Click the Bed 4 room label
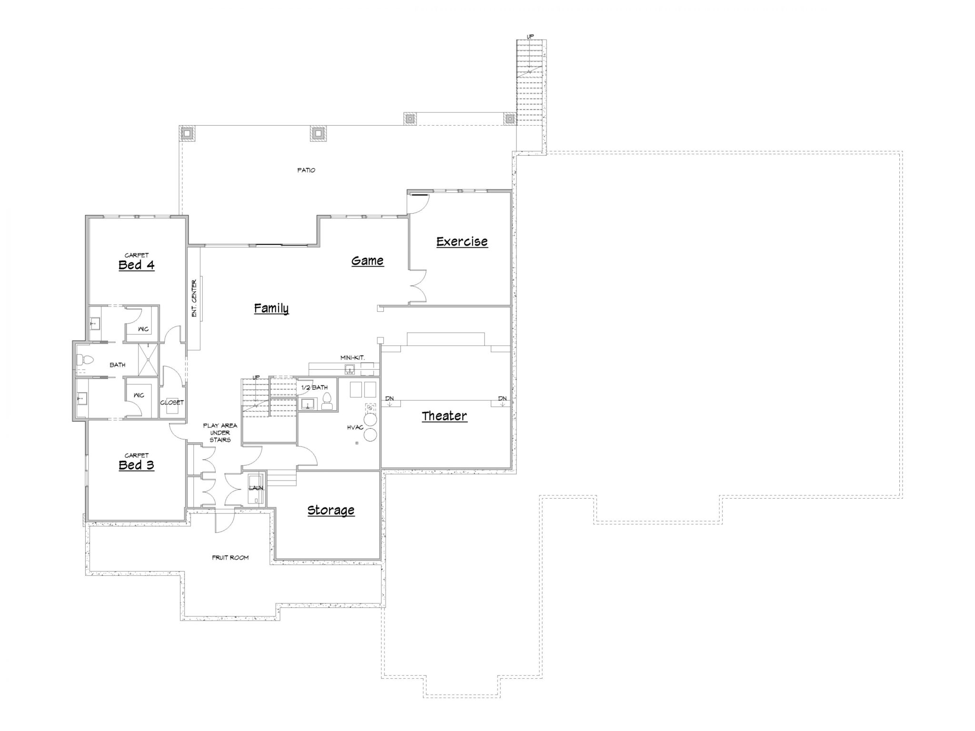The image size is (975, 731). pos(136,265)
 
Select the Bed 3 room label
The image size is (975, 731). pos(136,465)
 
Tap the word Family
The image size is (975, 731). pos(271,308)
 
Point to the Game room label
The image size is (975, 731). pos(368,261)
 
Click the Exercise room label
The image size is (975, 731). pos(462,241)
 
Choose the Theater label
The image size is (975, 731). pos(444,416)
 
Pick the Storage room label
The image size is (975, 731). pos(331,510)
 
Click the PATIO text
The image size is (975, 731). pos(306,170)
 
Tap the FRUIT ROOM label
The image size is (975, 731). pos(230,557)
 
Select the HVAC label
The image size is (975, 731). pos(355,427)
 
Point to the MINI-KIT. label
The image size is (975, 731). pos(353,357)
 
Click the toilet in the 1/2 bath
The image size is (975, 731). pos(327,401)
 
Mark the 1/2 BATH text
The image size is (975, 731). pos(314,387)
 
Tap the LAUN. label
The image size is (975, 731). pos(256,488)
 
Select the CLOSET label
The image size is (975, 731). pos(172,403)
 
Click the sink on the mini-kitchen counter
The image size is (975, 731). pos(349,369)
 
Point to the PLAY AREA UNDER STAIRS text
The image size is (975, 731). pos(220,433)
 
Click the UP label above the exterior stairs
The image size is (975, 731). pos(530,37)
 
